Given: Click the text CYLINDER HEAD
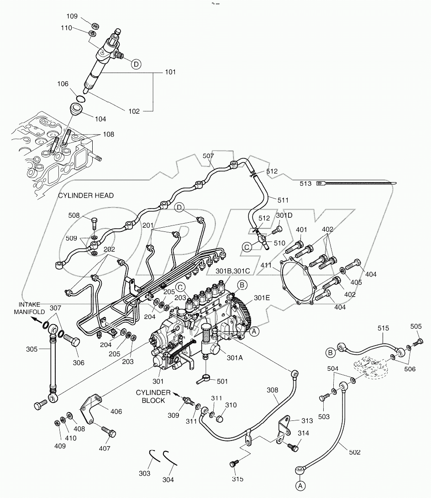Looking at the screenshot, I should click(x=86, y=195).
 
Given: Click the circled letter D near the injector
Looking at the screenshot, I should click(x=136, y=64).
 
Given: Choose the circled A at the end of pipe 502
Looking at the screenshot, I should click(x=300, y=484).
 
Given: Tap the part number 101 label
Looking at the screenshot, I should click(x=170, y=72).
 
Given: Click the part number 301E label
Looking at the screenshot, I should click(x=262, y=298).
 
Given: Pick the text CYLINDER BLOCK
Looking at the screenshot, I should click(x=153, y=396).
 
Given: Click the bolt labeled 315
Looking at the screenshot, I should click(x=234, y=464).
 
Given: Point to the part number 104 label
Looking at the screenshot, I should click(x=100, y=119).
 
